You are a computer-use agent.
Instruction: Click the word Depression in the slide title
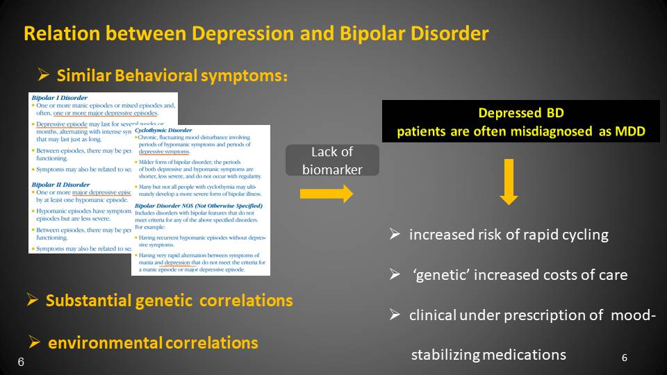pyautogui.click(x=236, y=33)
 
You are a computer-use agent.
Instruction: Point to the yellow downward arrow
pyautogui.click(x=509, y=181)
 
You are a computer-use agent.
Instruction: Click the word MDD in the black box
pyautogui.click(x=631, y=132)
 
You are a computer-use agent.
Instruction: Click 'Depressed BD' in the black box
pyautogui.click(x=520, y=113)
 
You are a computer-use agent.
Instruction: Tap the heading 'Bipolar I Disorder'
pyautogui.click(x=58, y=99)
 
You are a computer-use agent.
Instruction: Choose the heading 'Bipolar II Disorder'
pyautogui.click(x=60, y=184)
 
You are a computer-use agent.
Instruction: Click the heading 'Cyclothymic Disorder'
pyautogui.click(x=164, y=130)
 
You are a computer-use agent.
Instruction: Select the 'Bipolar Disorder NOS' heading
pyautogui.click(x=199, y=206)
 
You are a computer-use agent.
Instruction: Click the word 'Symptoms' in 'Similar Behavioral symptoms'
pyautogui.click(x=240, y=75)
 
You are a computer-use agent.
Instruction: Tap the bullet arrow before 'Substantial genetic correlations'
pyautogui.click(x=32, y=300)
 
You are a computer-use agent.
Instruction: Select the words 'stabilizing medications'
pyautogui.click(x=488, y=355)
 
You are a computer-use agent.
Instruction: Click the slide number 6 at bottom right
pyautogui.click(x=624, y=358)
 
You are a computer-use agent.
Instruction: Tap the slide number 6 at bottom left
pyautogui.click(x=21, y=362)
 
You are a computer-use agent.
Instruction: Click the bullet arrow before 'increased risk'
pyautogui.click(x=395, y=235)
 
